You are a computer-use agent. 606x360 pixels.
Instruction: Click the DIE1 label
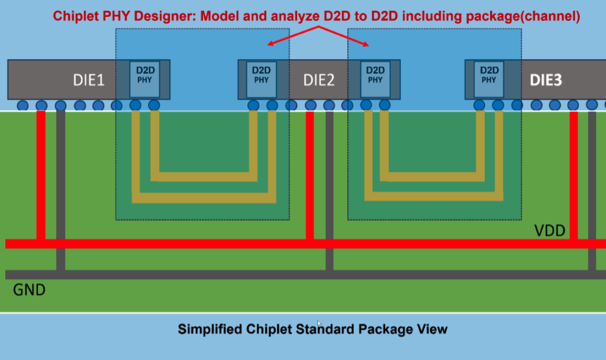(89, 79)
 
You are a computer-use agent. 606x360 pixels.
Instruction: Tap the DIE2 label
(318, 79)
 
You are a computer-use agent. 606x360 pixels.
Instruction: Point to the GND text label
(30, 290)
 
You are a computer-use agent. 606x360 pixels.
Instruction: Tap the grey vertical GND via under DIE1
(60, 189)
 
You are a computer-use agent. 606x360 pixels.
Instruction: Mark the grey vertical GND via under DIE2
(330, 189)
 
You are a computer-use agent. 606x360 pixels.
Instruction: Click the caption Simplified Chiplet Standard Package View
(312, 329)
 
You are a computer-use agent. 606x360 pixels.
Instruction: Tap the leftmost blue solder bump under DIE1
(22, 105)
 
